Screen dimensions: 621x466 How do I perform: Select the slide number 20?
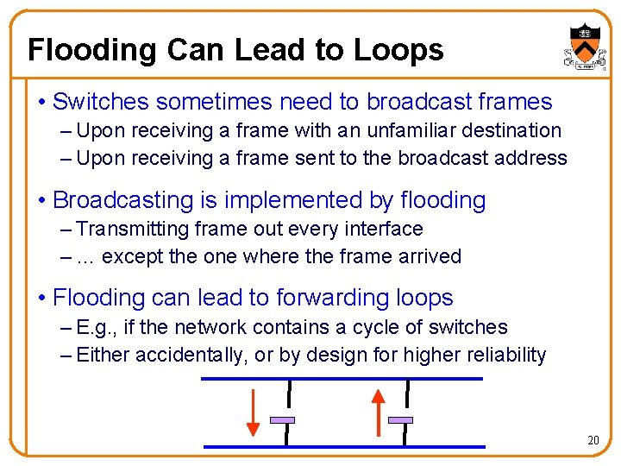593,440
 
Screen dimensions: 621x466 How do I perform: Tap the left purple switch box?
283,420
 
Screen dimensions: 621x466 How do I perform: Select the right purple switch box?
400,420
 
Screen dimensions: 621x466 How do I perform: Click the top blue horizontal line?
342,379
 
